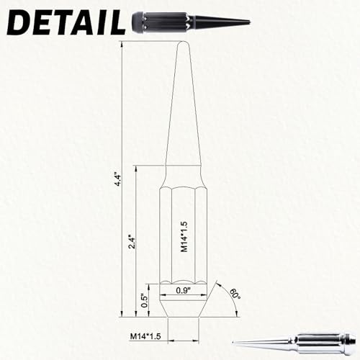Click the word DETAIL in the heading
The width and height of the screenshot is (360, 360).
click(66, 22)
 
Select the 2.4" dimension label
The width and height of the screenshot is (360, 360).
click(132, 243)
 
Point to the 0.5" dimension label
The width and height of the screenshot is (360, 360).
click(145, 300)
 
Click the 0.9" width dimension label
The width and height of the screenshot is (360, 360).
click(183, 290)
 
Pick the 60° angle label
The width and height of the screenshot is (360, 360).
click(235, 294)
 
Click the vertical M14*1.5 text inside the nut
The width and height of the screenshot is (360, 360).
click(184, 237)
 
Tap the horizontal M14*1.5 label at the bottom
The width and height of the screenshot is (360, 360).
click(145, 336)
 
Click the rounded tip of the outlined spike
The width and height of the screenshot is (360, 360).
click(184, 43)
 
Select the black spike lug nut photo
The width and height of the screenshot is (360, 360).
click(192, 23)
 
